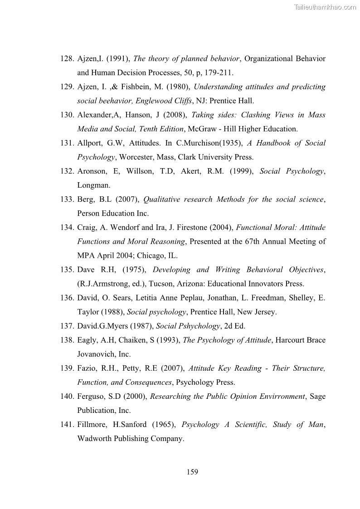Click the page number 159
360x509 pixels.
click(192, 472)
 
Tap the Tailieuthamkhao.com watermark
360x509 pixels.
click(325, 7)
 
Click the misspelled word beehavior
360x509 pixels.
click(114, 101)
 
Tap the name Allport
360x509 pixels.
click(89, 143)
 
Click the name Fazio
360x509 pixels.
click(87, 368)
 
